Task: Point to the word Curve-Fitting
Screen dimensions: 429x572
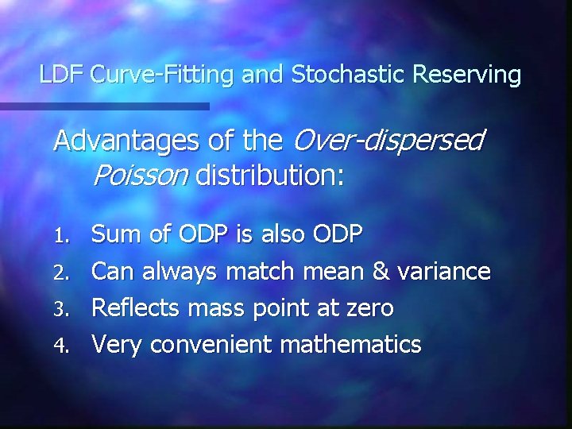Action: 161,75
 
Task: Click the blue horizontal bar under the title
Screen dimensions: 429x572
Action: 103,106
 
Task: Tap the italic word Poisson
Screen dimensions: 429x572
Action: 140,174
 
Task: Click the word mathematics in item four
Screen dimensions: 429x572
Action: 346,344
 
